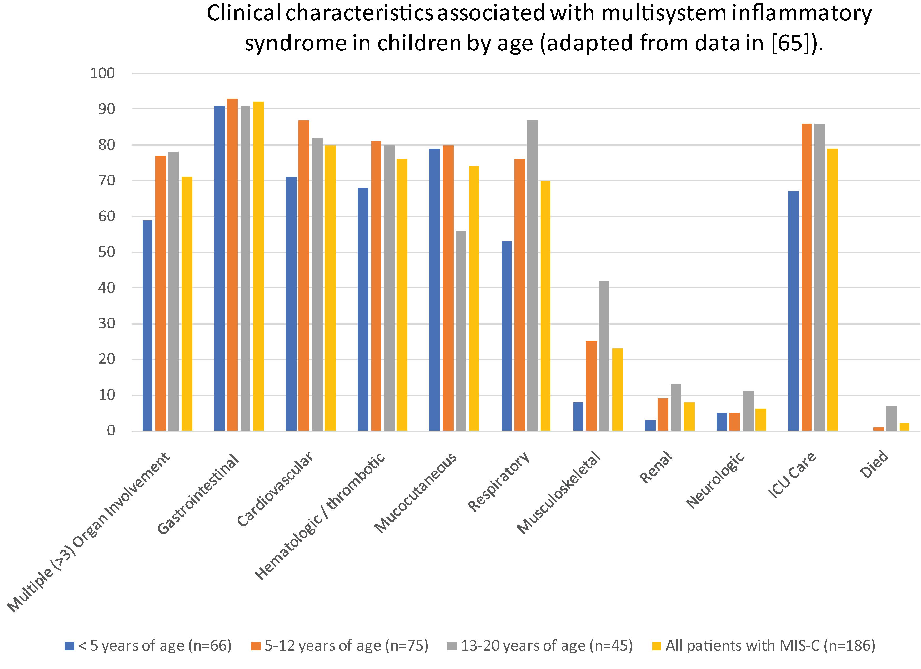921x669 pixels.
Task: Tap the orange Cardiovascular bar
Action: click(304, 275)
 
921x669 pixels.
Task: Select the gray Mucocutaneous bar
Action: click(461, 331)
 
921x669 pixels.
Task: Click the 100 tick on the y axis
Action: click(103, 73)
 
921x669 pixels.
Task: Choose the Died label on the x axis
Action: click(875, 464)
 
